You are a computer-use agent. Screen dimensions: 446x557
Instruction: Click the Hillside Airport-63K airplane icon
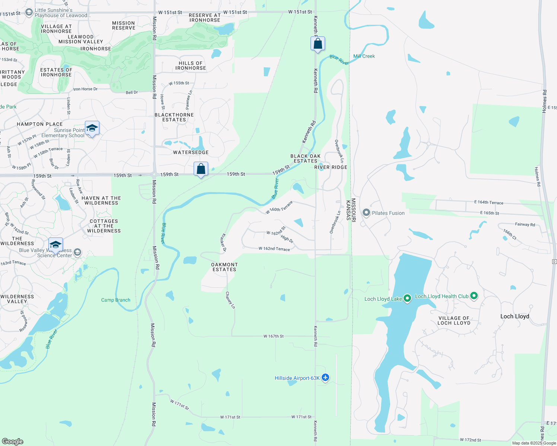click(x=325, y=378)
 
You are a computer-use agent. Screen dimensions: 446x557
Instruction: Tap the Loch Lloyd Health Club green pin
click(x=474, y=296)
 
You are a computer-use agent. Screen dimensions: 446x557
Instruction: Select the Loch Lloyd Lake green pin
click(x=407, y=298)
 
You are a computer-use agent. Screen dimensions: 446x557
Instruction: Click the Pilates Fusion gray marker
click(x=366, y=213)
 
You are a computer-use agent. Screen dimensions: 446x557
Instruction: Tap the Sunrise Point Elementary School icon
click(x=92, y=129)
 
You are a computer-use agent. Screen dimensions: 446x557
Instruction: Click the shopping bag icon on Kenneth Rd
click(x=318, y=44)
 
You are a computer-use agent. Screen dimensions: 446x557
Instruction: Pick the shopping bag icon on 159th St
click(x=201, y=169)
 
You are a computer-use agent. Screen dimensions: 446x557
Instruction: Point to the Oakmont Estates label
click(x=224, y=267)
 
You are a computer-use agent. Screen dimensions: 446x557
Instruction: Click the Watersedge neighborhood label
click(x=191, y=152)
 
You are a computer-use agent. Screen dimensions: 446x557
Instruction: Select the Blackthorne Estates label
click(x=174, y=117)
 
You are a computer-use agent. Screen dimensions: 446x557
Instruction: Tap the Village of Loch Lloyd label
click(x=454, y=320)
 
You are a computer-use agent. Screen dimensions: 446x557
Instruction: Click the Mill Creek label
click(x=364, y=56)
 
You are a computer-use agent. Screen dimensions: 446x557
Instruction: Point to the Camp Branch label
click(x=116, y=300)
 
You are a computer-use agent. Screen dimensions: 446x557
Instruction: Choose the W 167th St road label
click(x=273, y=336)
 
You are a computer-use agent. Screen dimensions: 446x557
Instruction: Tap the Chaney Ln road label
click(x=230, y=300)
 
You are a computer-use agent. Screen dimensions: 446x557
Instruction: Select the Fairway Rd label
click(x=525, y=224)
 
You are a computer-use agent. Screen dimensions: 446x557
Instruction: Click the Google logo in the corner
click(x=13, y=441)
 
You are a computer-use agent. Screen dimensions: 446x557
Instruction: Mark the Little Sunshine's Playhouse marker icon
click(x=29, y=13)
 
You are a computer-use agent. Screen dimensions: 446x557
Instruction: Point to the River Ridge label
click(x=331, y=167)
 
